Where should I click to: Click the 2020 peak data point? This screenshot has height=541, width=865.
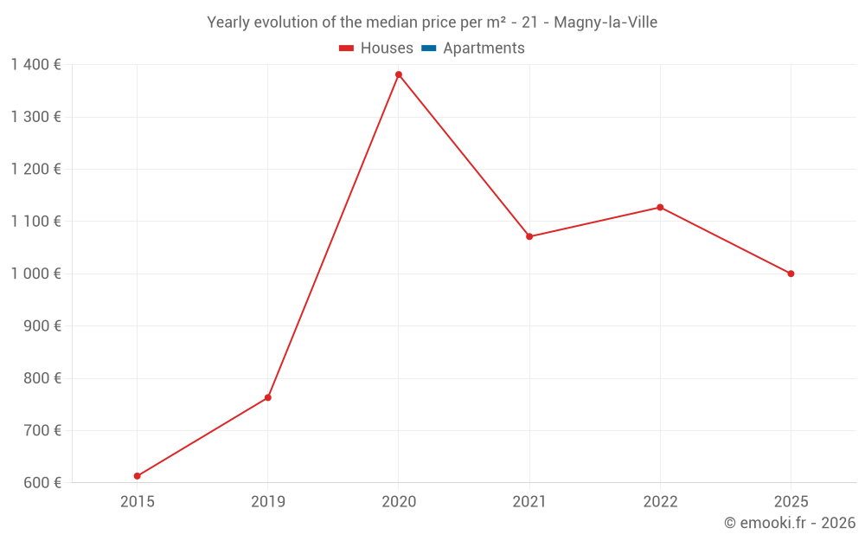tap(399, 74)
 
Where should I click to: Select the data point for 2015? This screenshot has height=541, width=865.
tap(138, 476)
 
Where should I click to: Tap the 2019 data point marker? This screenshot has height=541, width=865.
tap(268, 397)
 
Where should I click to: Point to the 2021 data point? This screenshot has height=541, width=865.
tap(529, 236)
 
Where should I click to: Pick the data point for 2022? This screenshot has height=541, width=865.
tap(660, 208)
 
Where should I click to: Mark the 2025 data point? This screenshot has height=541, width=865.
tap(791, 274)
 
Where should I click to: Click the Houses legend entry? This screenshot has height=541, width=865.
tap(376, 48)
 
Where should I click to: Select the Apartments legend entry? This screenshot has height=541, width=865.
tap(473, 48)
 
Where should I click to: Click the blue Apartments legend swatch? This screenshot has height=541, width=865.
tap(429, 48)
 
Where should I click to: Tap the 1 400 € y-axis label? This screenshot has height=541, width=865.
tap(36, 65)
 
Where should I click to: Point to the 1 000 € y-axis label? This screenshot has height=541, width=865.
tap(36, 274)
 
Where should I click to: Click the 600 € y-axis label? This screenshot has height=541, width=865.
tap(42, 482)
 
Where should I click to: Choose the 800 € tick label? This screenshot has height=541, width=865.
tap(42, 378)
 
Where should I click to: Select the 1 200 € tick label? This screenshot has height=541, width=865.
tap(36, 169)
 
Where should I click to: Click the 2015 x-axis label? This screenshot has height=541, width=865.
tap(138, 502)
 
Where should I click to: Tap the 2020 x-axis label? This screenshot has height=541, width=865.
tap(399, 502)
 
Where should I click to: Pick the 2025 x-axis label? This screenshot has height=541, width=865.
tap(791, 502)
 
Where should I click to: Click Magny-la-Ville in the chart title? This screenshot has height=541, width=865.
tap(605, 23)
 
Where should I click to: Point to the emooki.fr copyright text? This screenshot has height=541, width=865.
tap(790, 522)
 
